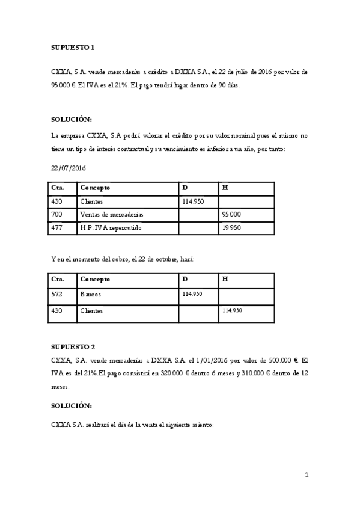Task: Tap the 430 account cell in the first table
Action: coord(58,201)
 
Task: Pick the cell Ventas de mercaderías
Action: coord(111,214)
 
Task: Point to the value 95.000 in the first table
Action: coord(231,214)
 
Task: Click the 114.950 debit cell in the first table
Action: coord(192,201)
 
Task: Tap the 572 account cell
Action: coord(58,295)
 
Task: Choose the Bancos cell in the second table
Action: coord(91,295)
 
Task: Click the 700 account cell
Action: coord(58,214)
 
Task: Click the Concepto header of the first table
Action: coord(95,188)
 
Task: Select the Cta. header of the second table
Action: coord(58,279)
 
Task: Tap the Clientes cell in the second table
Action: coord(91,311)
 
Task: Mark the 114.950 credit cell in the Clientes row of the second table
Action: coord(232,310)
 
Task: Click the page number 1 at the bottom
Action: coord(307,475)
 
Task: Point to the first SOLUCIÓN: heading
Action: coord(72,120)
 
